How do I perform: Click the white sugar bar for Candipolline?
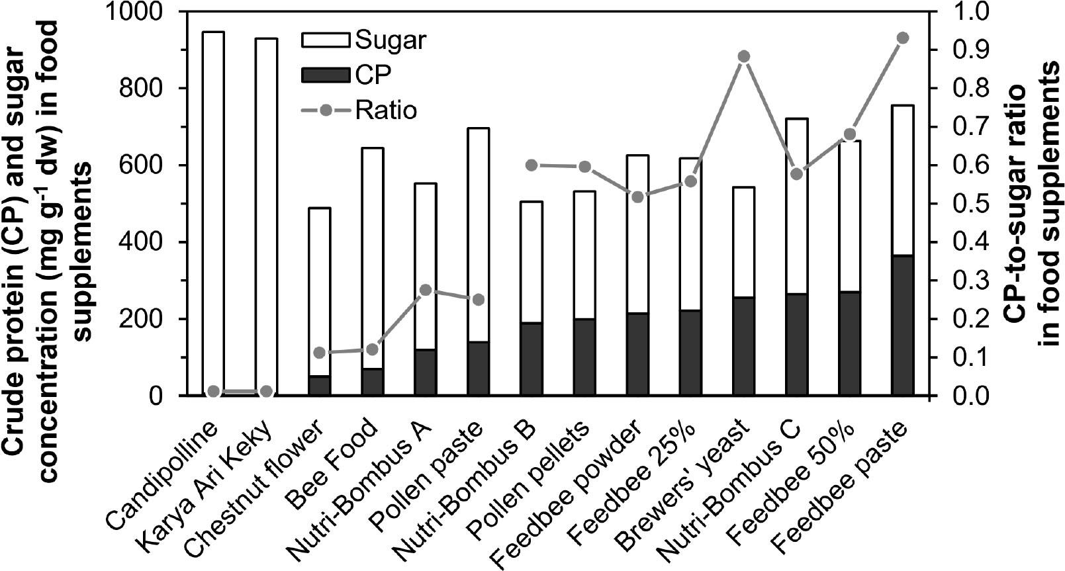click(x=213, y=212)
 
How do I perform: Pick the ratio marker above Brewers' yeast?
click(x=743, y=56)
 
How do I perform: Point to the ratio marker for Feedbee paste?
click(x=902, y=38)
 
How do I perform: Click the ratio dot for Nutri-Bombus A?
click(x=426, y=290)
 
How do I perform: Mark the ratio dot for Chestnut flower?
click(x=319, y=353)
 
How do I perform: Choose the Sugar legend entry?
click(x=363, y=40)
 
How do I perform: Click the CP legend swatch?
click(x=325, y=75)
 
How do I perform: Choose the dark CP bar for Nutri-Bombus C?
click(x=796, y=345)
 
